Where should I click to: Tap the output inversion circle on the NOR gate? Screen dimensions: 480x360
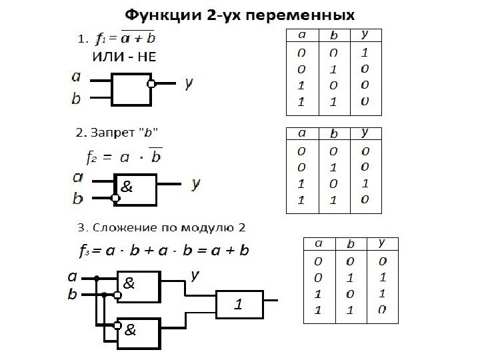pos(151,84)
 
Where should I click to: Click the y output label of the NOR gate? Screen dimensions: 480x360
pos(189,83)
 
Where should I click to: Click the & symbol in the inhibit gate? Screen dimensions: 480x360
pos(125,187)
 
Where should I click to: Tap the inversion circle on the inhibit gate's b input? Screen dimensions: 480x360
pos(115,198)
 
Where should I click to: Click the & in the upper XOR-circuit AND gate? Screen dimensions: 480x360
pos(129,283)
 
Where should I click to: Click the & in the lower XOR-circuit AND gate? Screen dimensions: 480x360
pos(131,329)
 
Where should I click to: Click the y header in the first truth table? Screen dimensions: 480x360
pos(366,33)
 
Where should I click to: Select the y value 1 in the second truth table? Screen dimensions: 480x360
pos(365,183)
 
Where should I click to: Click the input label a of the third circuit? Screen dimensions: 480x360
pos(71,274)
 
